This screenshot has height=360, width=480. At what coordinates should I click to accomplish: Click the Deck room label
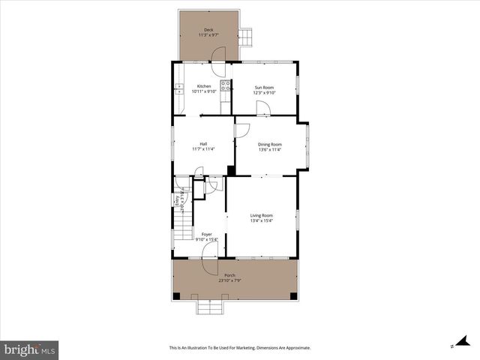[208, 30]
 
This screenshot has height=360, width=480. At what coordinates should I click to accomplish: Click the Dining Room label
[269, 144]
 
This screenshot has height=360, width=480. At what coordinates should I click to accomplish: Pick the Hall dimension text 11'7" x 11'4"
[203, 149]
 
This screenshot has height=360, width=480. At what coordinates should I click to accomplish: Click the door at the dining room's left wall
[241, 130]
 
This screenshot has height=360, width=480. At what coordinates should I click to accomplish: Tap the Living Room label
[261, 215]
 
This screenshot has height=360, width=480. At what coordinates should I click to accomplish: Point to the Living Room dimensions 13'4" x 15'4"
[261, 220]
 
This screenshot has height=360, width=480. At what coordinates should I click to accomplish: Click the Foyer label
[206, 234]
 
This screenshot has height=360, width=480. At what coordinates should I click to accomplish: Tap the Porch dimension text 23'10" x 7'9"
[229, 280]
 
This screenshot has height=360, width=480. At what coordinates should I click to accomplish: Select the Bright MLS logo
[30, 349]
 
